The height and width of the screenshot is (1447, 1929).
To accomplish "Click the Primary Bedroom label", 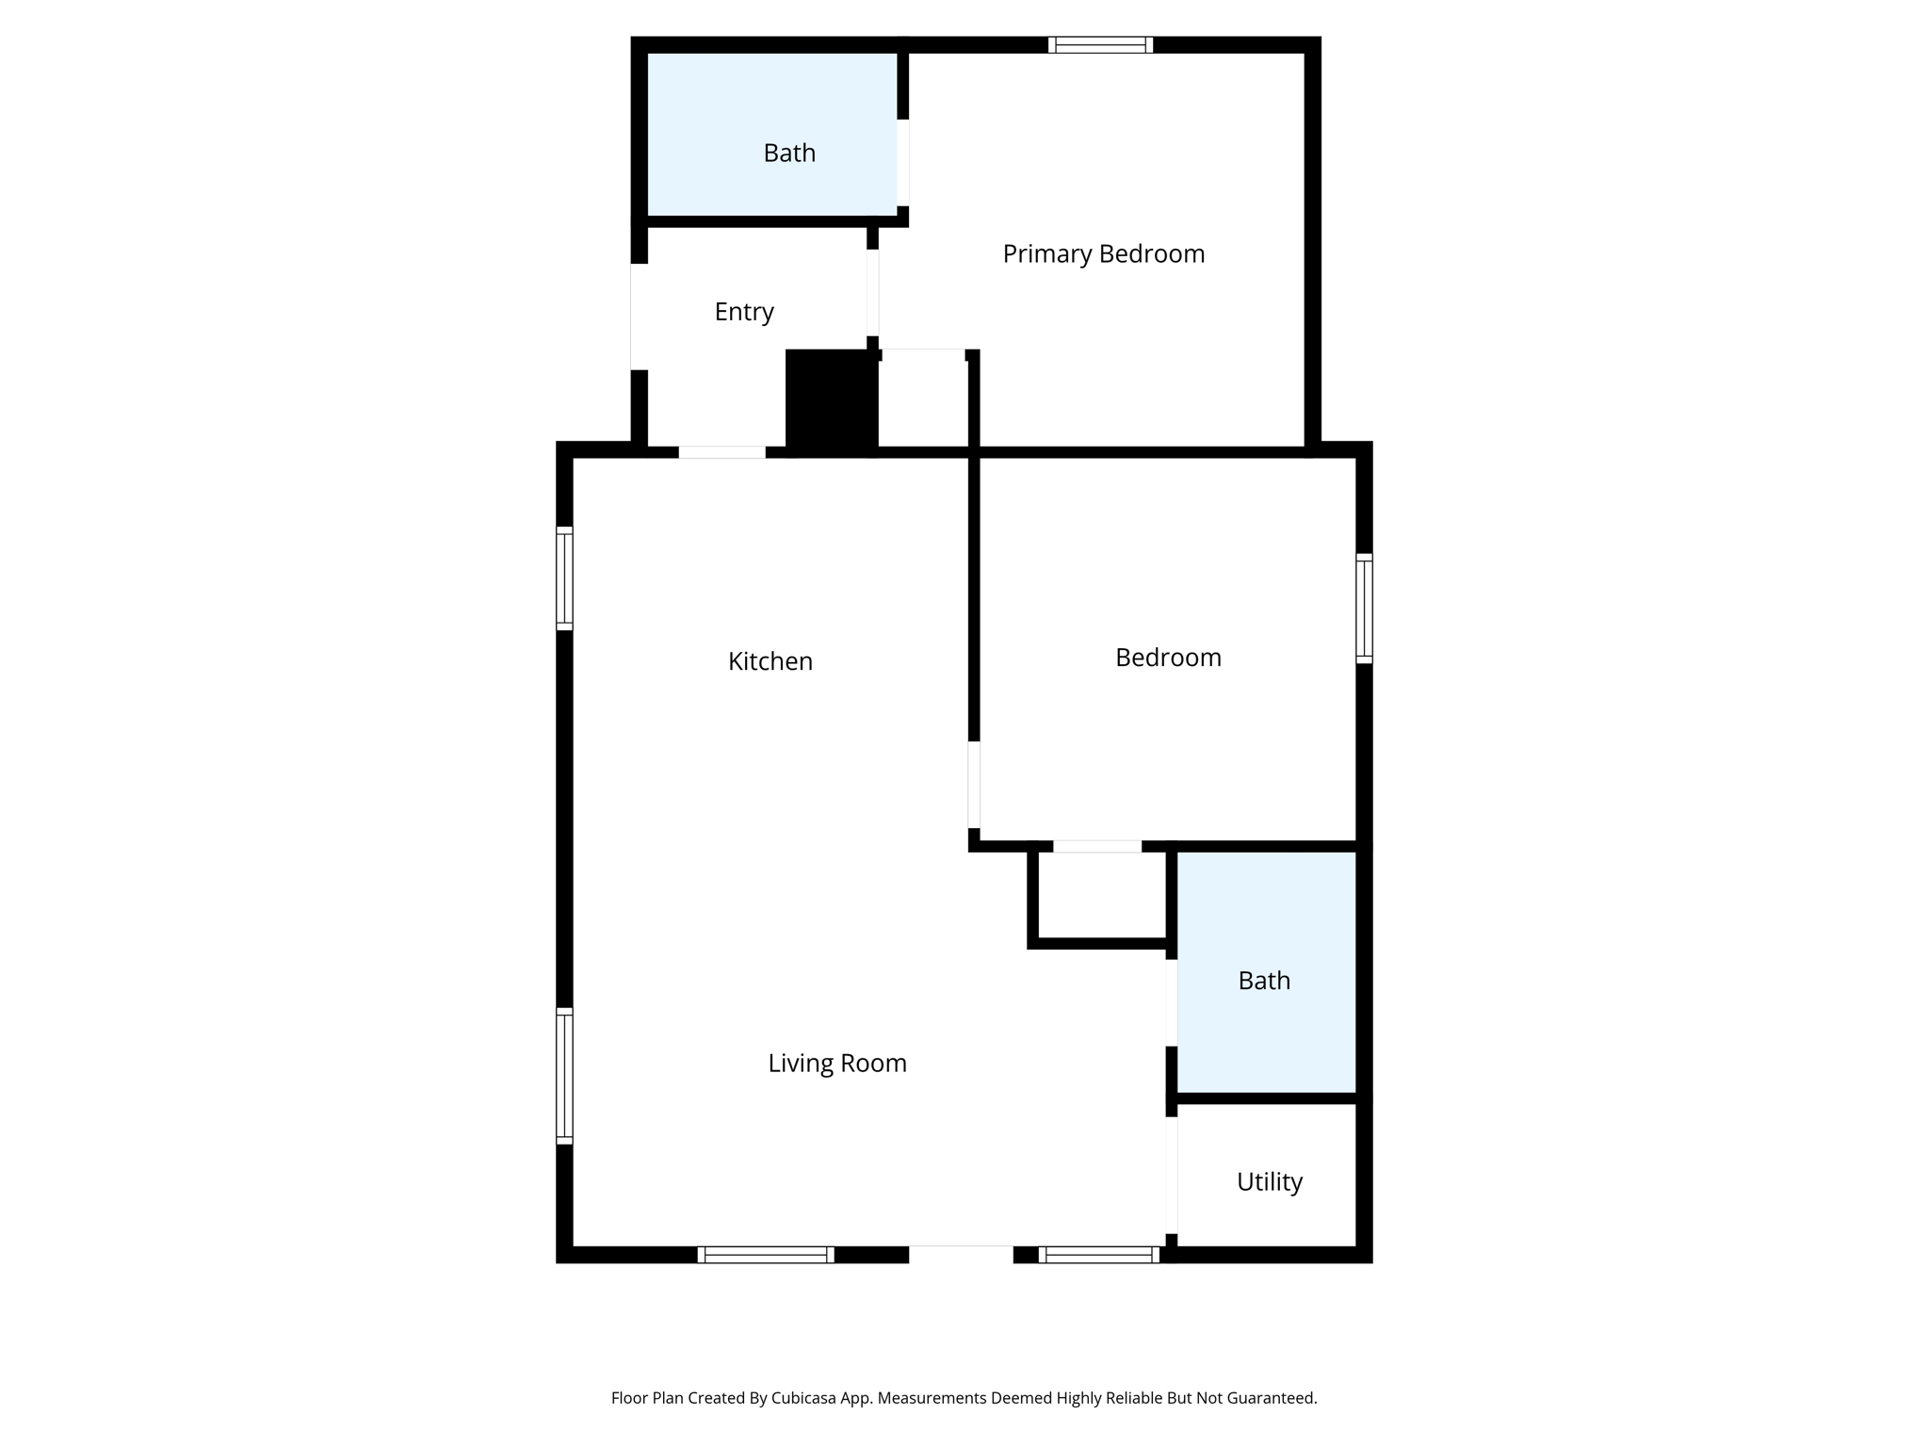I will click(x=1103, y=253).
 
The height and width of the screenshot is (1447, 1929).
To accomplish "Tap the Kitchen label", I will click(x=770, y=661).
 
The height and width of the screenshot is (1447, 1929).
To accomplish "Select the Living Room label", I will click(x=836, y=1063).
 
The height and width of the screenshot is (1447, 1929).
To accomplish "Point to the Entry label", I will click(x=743, y=312).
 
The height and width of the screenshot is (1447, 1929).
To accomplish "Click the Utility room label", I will click(x=1269, y=1181).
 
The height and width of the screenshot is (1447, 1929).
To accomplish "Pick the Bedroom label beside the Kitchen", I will click(x=1167, y=658).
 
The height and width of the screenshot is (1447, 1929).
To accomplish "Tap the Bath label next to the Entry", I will click(x=788, y=153).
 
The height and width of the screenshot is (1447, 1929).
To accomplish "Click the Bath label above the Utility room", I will click(x=1263, y=981).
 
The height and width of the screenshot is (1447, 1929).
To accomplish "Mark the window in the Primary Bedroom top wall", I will click(x=1100, y=44).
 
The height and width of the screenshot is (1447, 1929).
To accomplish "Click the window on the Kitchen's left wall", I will click(x=564, y=577).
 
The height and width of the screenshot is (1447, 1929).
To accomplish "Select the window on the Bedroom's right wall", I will click(x=1363, y=608).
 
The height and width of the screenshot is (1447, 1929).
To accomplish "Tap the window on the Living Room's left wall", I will click(x=564, y=1075).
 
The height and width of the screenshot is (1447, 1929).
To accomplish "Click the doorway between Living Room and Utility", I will click(x=1172, y=1174).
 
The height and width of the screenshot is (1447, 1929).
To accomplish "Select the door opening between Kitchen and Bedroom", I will click(x=974, y=784).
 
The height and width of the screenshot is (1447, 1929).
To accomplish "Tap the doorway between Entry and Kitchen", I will click(x=721, y=452).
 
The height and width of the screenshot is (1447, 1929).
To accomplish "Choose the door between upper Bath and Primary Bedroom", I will click(x=902, y=162).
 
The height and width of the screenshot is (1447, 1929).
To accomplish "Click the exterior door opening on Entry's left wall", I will click(x=639, y=317).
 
